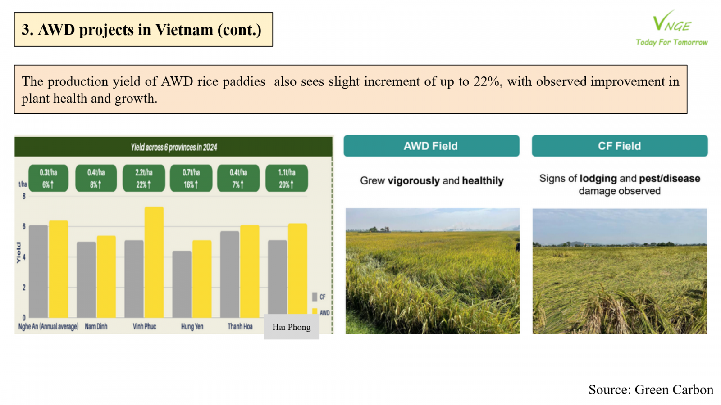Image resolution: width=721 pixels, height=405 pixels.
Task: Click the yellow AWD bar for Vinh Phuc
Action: (x=154, y=262)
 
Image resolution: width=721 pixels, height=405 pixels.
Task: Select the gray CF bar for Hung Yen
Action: (x=182, y=284)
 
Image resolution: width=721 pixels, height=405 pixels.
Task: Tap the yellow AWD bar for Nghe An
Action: (x=58, y=270)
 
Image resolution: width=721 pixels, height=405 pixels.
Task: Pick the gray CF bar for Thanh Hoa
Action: (x=229, y=274)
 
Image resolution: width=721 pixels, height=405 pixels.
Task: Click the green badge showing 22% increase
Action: (x=144, y=178)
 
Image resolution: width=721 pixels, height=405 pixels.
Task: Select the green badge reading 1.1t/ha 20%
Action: (x=287, y=178)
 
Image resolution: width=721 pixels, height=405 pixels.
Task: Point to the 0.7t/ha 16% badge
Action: (x=191, y=178)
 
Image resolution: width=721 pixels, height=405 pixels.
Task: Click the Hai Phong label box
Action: (x=292, y=327)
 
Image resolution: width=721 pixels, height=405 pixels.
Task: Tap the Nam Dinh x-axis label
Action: (x=96, y=327)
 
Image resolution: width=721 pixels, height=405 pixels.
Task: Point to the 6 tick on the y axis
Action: (x=24, y=227)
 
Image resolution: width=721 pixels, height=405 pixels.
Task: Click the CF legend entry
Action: (x=319, y=297)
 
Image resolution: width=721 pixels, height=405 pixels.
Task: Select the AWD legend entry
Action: (x=321, y=312)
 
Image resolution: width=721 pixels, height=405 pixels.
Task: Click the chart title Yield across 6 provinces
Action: (x=174, y=147)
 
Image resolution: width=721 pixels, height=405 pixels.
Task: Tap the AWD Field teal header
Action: (x=431, y=146)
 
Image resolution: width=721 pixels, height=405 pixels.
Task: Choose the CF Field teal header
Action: (x=620, y=146)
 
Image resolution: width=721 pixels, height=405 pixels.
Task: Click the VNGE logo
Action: (x=672, y=28)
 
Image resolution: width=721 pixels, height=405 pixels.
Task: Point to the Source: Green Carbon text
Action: (x=651, y=390)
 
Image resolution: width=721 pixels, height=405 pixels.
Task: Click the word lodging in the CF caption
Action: (x=598, y=178)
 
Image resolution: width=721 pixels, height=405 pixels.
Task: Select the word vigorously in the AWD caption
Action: (x=414, y=180)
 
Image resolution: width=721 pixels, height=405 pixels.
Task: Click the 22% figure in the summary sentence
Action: (x=488, y=81)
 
